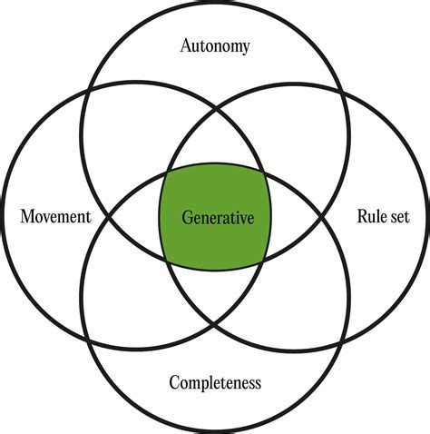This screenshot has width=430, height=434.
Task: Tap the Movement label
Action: [x=56, y=217]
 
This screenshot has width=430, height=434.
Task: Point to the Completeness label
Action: [x=215, y=383]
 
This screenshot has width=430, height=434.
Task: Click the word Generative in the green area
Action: [x=214, y=218]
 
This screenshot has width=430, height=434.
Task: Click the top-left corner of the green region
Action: [x=162, y=171]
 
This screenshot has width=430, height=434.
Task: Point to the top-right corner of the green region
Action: [x=265, y=171]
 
